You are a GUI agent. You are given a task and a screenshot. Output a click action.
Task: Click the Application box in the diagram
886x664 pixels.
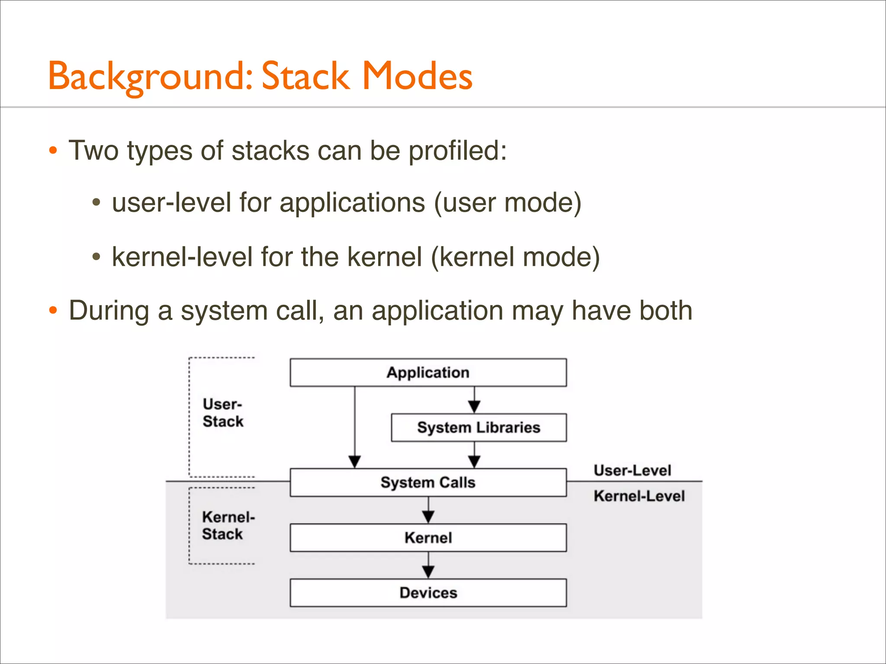click(428, 372)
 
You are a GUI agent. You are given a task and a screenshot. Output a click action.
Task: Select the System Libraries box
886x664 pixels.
click(478, 428)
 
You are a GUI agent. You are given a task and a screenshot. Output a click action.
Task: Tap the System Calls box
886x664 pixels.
click(428, 482)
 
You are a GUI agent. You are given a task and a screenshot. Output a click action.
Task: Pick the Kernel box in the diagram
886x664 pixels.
click(428, 538)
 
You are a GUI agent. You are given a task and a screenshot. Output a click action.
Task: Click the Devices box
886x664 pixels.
click(428, 593)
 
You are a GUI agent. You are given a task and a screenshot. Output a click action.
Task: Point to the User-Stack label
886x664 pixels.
click(223, 413)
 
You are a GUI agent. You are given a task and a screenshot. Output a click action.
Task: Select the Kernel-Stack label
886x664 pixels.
click(228, 525)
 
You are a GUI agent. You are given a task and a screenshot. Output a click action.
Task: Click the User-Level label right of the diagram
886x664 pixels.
click(632, 470)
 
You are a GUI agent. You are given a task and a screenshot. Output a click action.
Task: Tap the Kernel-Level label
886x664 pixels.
click(639, 496)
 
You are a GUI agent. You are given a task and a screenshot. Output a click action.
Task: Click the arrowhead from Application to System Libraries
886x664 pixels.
click(474, 407)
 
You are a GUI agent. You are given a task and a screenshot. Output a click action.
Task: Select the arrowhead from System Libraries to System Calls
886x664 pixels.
click(474, 462)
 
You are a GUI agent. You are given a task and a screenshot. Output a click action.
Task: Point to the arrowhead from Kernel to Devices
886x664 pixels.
click(428, 572)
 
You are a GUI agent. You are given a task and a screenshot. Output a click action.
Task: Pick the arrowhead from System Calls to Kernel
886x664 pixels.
click(428, 517)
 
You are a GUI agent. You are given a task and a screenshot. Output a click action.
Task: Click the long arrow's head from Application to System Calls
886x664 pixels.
click(355, 462)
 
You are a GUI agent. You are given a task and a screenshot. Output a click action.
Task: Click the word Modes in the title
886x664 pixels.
click(417, 76)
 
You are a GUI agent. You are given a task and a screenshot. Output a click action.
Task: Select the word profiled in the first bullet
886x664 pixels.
click(457, 151)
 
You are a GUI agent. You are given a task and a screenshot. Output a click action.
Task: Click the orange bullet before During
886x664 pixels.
click(53, 310)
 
